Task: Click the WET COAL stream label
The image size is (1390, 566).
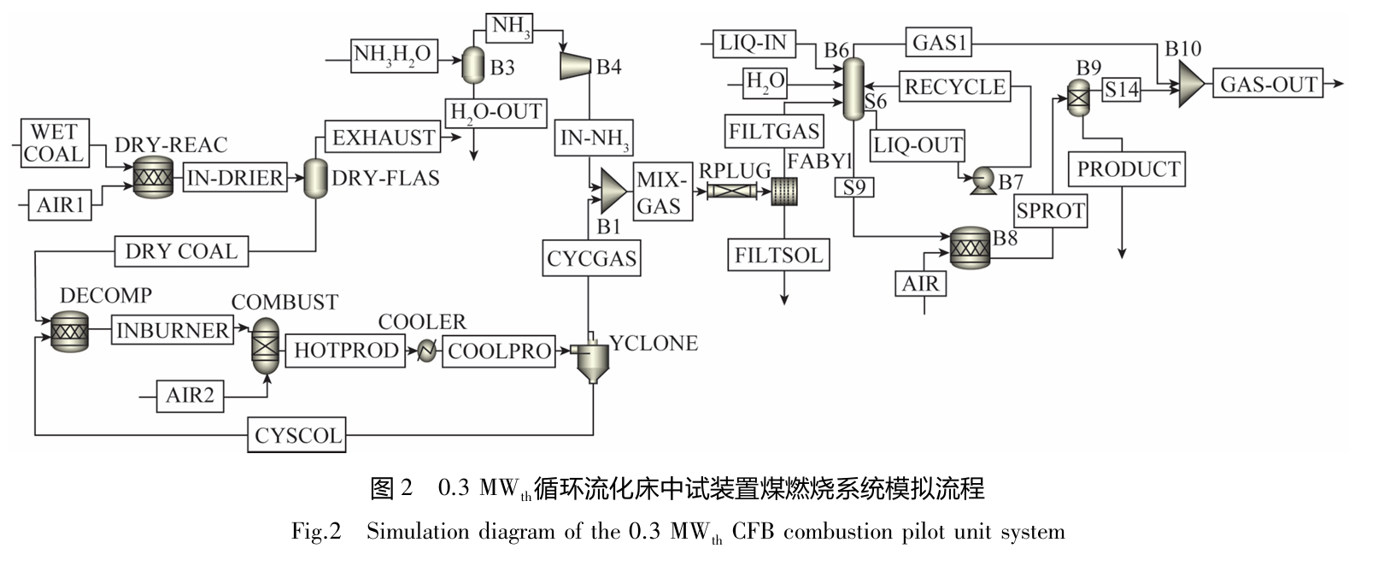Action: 55,143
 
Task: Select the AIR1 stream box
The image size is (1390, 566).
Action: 60,206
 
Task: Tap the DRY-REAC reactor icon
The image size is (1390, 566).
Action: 154,178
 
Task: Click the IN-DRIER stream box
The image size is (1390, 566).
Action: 234,178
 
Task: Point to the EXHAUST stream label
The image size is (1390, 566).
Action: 383,138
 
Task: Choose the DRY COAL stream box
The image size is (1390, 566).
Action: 181,251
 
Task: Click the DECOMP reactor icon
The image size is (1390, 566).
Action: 69,331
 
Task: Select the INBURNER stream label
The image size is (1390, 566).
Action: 173,330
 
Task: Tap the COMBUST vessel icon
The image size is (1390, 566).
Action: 266,345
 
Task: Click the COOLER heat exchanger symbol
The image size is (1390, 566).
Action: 426,351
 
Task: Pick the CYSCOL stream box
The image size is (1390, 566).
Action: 297,435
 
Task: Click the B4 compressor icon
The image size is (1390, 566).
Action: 575,65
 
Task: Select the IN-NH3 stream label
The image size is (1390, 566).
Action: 595,139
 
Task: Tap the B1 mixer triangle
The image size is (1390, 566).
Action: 613,190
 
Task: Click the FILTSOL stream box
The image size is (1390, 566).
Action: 778,255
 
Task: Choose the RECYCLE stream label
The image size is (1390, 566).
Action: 954,86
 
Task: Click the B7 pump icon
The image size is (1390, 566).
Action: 979,180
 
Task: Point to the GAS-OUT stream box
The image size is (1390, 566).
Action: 1268,84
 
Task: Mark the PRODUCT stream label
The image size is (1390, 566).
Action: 1127,169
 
